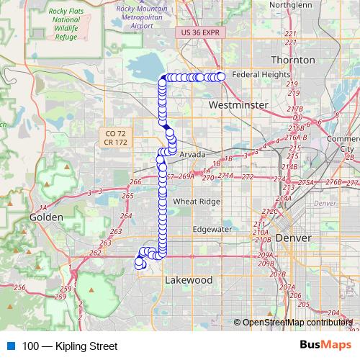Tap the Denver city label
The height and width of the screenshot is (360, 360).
(293, 238)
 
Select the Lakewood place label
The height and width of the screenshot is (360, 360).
(189, 279)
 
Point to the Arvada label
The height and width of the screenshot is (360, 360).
(192, 154)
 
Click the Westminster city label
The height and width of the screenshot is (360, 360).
(238, 105)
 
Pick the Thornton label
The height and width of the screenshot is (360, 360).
(293, 59)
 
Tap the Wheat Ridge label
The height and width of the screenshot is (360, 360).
(196, 202)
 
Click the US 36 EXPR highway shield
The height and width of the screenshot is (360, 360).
(199, 33)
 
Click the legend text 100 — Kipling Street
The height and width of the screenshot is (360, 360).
(71, 346)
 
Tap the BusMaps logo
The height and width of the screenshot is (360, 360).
(325, 346)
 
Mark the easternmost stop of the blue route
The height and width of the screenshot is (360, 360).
(221, 76)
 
